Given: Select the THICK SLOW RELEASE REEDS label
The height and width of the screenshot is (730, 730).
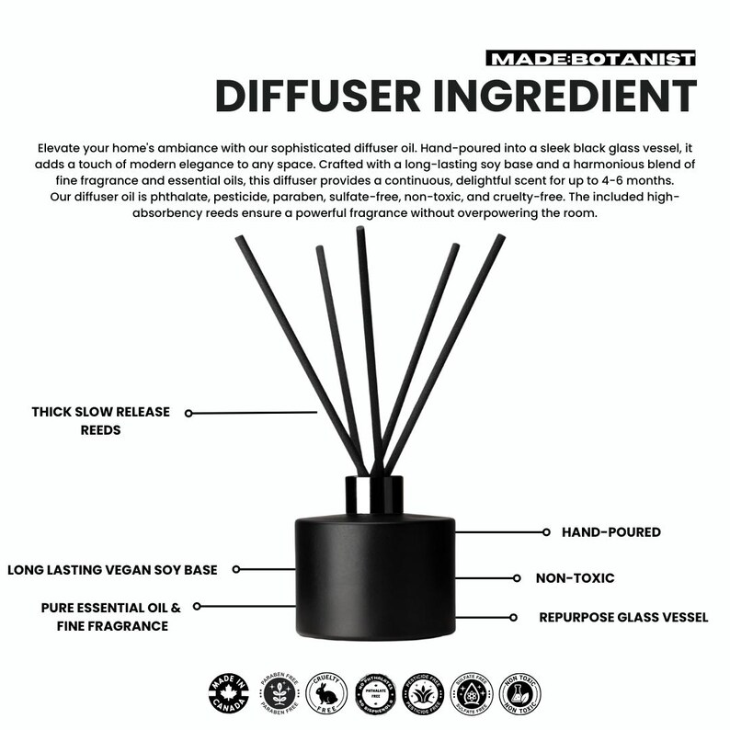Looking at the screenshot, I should pyautogui.click(x=101, y=421).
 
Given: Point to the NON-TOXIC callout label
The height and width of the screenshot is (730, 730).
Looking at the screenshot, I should pyautogui.click(x=575, y=579).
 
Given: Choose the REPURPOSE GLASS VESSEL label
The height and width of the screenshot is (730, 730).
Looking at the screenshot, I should pyautogui.click(x=624, y=617).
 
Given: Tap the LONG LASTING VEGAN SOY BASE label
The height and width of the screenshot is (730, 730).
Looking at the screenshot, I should pyautogui.click(x=112, y=570).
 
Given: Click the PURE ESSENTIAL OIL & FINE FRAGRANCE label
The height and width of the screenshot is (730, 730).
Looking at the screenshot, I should pyautogui.click(x=110, y=616).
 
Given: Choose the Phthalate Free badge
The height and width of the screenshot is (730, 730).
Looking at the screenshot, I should pyautogui.click(x=378, y=692).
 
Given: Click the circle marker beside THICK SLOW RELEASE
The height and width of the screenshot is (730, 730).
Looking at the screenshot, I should pyautogui.click(x=188, y=414).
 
